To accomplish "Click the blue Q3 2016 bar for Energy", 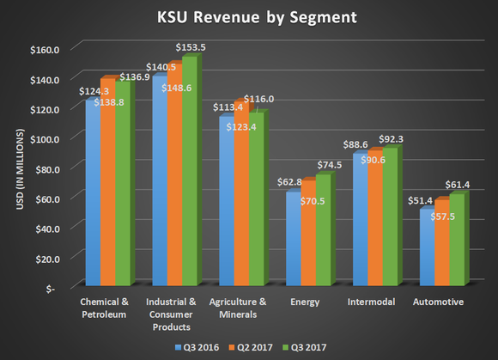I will [x=293, y=240].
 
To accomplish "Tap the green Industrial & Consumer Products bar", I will [x=190, y=172].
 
